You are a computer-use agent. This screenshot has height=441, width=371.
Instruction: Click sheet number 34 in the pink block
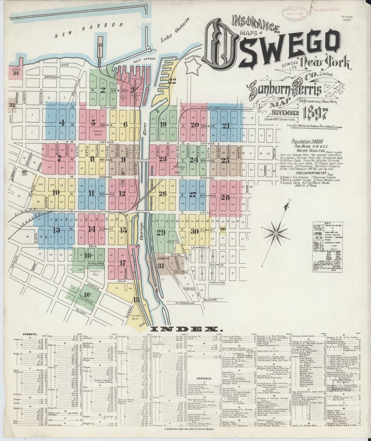(15, 73)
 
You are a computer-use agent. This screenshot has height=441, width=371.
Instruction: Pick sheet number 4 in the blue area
(62, 122)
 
